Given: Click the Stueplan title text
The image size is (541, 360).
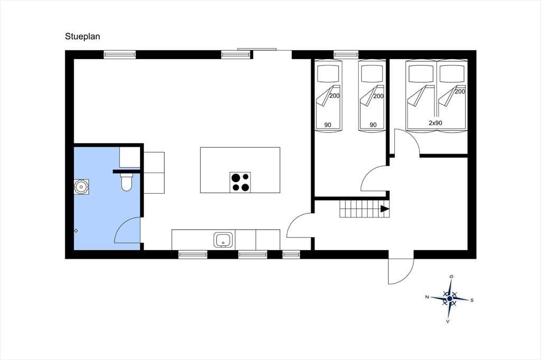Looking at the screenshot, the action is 82,36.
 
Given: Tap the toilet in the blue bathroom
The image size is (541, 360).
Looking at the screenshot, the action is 127,182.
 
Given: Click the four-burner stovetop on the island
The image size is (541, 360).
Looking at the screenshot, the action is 240,182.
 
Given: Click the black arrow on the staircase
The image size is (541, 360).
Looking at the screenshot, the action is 385,209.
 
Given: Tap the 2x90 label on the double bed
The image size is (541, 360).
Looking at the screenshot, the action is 435,123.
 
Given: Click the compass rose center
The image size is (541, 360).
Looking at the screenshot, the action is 450,299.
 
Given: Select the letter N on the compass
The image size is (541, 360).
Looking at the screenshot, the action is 427,297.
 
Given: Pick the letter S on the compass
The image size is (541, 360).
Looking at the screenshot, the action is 472,300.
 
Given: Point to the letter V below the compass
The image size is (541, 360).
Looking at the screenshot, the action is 447,321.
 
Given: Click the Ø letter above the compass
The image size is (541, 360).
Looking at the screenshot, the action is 451,277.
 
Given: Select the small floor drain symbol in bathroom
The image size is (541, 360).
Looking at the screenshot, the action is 76,231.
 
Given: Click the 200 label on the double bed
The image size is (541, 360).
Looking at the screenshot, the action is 460,92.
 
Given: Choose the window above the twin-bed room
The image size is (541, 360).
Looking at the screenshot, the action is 346,54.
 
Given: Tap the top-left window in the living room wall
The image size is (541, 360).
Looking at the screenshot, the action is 120,54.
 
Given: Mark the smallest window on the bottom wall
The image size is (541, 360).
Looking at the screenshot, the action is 292,255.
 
